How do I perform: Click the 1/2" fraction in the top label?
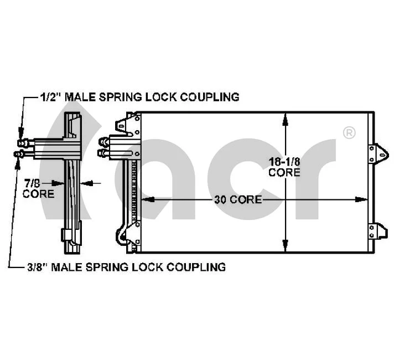click(50, 97)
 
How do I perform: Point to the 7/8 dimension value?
click(31, 183)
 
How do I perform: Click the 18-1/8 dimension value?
click(284, 162)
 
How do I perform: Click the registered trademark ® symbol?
click(349, 132)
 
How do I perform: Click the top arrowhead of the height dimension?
click(284, 117)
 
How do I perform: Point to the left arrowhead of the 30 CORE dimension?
click(145, 199)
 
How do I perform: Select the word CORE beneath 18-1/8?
click(284, 172)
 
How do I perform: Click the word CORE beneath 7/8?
click(38, 194)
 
